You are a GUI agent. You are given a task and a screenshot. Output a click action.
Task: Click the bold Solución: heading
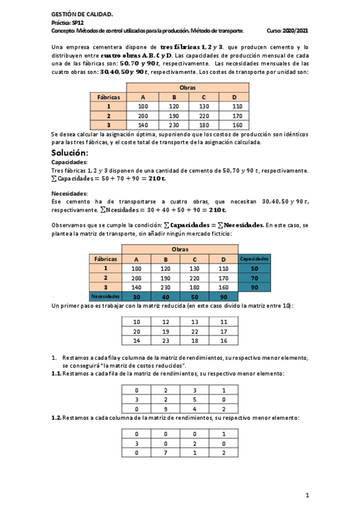point(70,153)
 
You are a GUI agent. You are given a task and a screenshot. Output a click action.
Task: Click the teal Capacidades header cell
point(254,259)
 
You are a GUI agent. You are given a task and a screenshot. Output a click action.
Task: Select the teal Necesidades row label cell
point(106,296)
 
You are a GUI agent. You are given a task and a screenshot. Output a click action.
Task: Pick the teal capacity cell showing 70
point(254,278)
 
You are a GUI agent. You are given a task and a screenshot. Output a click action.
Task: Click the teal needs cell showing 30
point(136,296)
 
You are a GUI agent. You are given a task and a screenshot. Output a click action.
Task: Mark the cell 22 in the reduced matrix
point(194,331)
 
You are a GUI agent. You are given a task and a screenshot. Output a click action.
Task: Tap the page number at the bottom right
point(307,495)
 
